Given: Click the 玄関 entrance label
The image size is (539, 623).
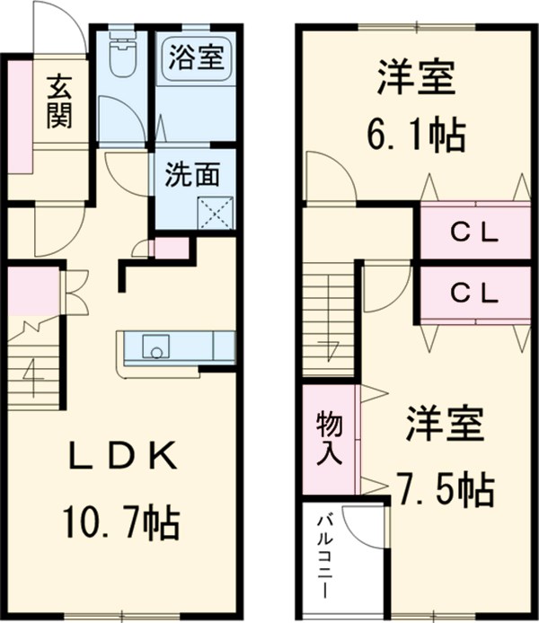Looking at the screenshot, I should click(59, 101).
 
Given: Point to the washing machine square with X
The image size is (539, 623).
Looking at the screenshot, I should click(215, 212).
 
